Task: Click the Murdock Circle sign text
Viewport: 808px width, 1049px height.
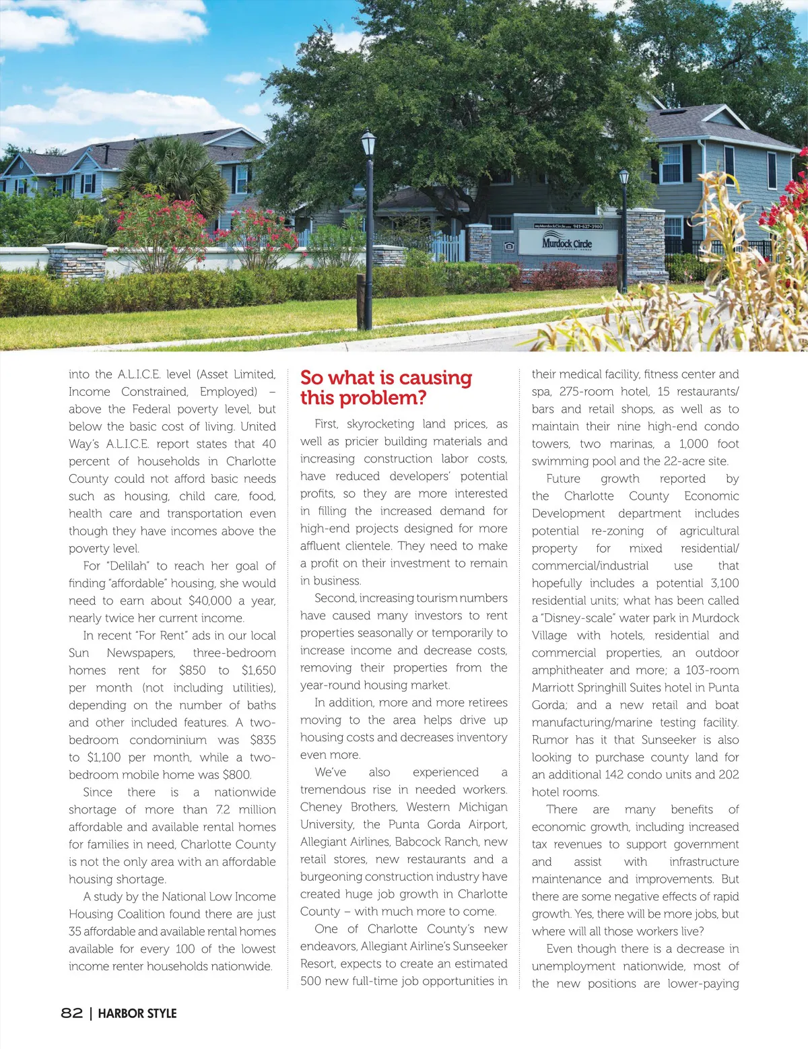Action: point(566,243)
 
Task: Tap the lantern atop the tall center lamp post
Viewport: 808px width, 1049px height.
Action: point(368,143)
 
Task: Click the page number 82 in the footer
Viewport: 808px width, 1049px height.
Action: point(72,1013)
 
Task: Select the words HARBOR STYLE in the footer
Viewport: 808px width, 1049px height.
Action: point(137,1013)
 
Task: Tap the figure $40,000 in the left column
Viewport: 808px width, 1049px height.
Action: point(210,601)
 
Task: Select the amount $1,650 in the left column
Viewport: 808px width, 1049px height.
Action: point(259,671)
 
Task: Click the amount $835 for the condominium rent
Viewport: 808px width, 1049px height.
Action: point(263,740)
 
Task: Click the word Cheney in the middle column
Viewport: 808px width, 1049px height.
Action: point(321,807)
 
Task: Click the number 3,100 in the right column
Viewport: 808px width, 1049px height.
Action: point(725,583)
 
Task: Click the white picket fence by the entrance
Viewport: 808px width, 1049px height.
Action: point(448,246)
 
